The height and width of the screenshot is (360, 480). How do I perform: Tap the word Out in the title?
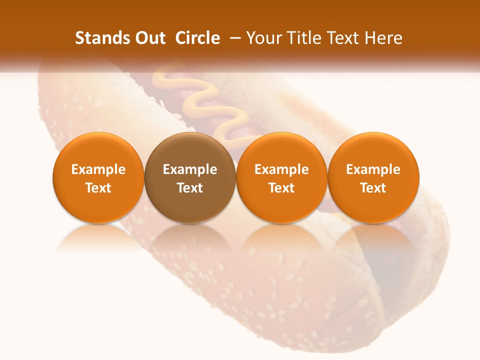pos(151,38)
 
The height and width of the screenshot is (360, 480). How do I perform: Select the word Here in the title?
pos(383,38)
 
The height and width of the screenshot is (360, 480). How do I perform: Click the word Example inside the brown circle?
pos(190,169)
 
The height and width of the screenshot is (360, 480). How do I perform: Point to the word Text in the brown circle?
pos(190,188)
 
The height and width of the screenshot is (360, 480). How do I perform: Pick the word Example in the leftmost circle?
pos(98,169)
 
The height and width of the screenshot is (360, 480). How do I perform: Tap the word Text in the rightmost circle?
pos(373,188)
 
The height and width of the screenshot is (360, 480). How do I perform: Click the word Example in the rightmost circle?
pos(373,169)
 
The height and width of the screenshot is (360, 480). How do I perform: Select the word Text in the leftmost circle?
pos(98,188)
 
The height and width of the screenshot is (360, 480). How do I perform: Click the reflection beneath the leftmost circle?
pos(98,237)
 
